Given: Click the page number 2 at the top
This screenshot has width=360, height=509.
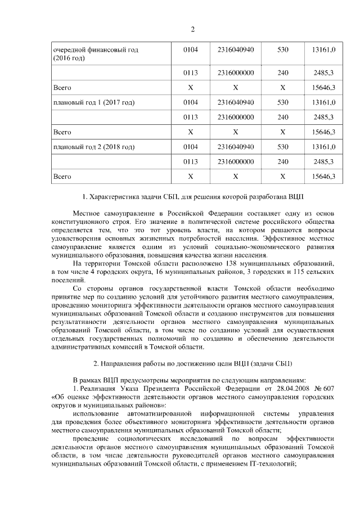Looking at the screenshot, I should pyautogui.click(x=192, y=30).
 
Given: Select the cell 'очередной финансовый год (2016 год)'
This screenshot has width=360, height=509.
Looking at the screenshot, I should pyautogui.click(x=95, y=54).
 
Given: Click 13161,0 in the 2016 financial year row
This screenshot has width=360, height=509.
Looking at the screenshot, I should pyautogui.click(x=323, y=50).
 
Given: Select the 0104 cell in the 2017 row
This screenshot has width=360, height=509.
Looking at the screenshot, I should pyautogui.click(x=191, y=102).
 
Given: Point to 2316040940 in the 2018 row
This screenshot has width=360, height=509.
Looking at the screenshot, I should pyautogui.click(x=236, y=147).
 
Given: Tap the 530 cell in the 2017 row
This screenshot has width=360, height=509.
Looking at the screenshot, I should pyautogui.click(x=282, y=102).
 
